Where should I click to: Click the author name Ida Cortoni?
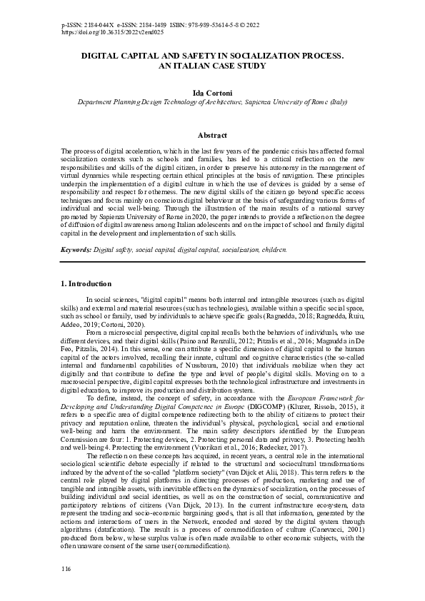212,92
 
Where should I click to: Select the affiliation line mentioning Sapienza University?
212,102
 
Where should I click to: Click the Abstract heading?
212,135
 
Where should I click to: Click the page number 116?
66,567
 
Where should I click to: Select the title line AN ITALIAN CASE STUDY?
212,65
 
